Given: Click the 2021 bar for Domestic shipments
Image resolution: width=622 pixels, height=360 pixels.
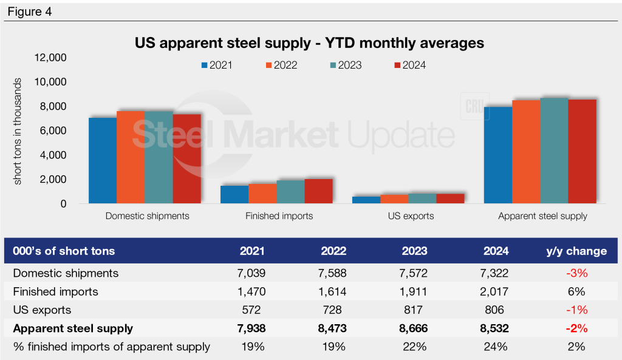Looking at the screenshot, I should click(102, 161).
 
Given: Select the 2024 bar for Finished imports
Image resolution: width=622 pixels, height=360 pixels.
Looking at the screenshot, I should click(318, 191).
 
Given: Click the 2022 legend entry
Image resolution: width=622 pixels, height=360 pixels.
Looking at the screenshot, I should click(281, 65).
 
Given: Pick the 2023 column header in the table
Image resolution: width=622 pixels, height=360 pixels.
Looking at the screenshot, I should click(414, 251).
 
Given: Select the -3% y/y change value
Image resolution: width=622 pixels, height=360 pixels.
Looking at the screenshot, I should click(579, 273).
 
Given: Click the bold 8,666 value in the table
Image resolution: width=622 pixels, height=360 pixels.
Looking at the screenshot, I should click(414, 328).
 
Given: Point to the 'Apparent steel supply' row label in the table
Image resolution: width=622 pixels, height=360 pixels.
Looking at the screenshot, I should click(72, 328).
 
